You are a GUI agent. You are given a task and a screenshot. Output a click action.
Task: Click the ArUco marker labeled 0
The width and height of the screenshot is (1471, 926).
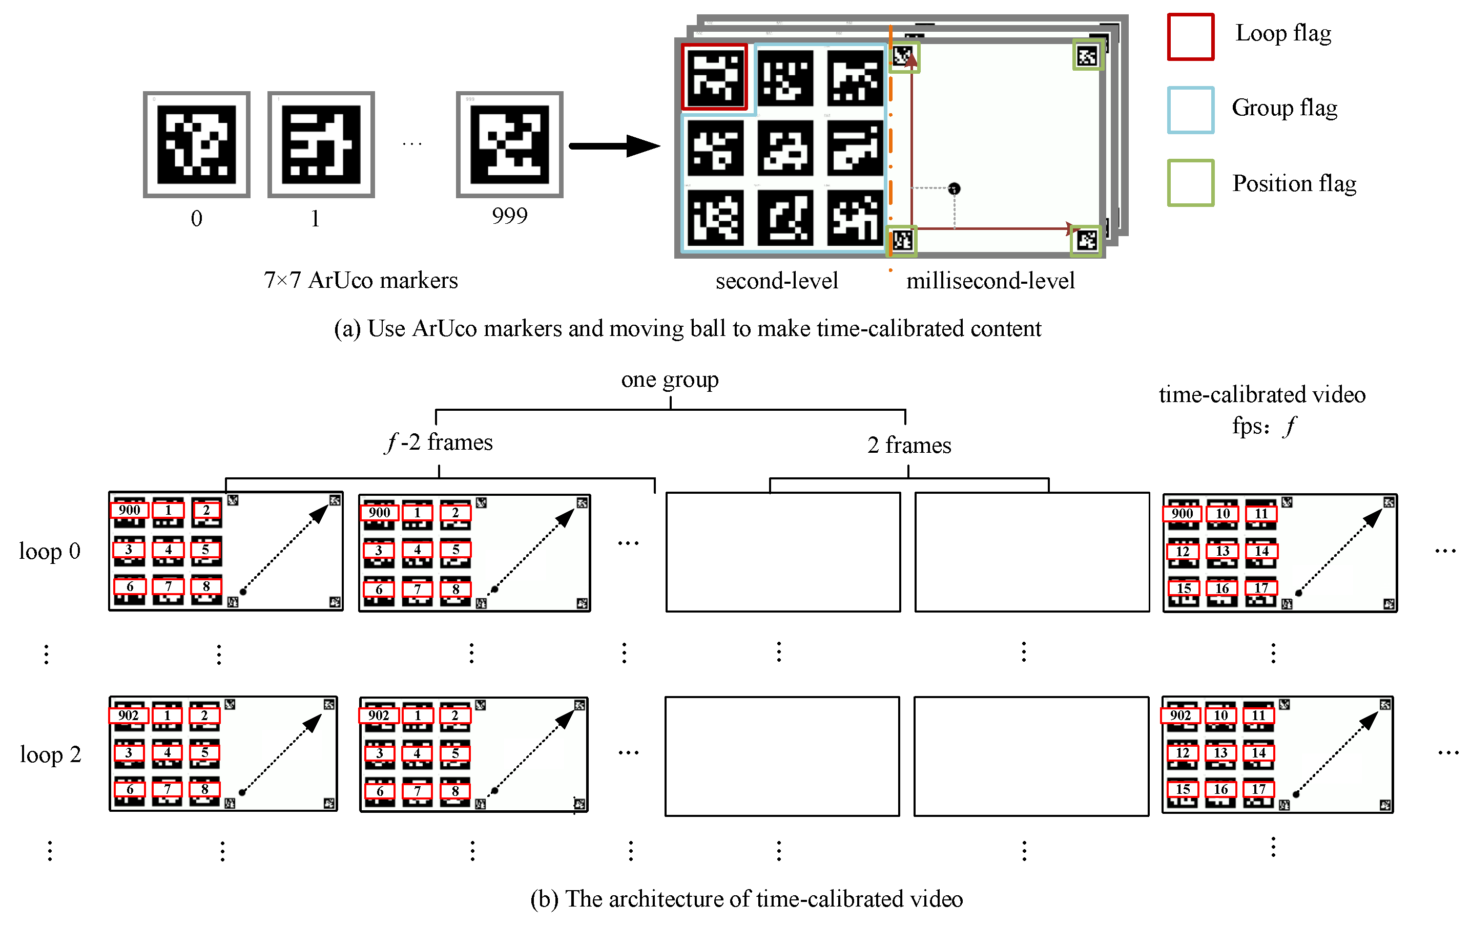click(196, 145)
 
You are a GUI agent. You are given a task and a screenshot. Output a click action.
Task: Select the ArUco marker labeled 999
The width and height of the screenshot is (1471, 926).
click(509, 145)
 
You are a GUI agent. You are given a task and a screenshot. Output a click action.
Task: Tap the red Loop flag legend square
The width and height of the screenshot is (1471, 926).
click(1190, 37)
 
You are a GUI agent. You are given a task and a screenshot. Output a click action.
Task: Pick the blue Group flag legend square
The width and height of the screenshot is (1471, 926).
click(1190, 110)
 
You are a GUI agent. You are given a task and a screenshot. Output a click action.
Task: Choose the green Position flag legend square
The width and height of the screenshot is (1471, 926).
click(1190, 183)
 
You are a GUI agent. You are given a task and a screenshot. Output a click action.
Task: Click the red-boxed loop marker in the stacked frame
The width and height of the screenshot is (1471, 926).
click(715, 77)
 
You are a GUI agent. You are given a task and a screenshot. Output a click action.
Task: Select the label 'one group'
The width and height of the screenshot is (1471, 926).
click(670, 380)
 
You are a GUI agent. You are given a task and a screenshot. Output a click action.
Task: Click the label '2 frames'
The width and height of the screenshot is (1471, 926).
click(909, 445)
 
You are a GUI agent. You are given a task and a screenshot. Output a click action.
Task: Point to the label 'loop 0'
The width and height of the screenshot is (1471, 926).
click(50, 551)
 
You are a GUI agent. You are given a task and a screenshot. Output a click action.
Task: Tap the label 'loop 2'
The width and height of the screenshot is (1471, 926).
click(50, 754)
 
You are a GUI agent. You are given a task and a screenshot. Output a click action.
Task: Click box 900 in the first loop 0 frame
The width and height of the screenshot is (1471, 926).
click(130, 510)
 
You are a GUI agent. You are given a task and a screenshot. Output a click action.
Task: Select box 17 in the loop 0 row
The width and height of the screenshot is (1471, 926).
click(1261, 588)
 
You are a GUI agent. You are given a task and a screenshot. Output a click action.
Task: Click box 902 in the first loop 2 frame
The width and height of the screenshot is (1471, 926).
click(128, 715)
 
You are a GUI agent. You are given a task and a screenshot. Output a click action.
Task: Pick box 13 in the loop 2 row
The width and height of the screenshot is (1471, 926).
click(1220, 752)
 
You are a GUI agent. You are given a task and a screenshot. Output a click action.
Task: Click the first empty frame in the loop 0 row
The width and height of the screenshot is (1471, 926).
click(782, 552)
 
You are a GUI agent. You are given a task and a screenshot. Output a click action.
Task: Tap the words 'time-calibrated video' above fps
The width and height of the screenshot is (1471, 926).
click(1261, 394)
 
